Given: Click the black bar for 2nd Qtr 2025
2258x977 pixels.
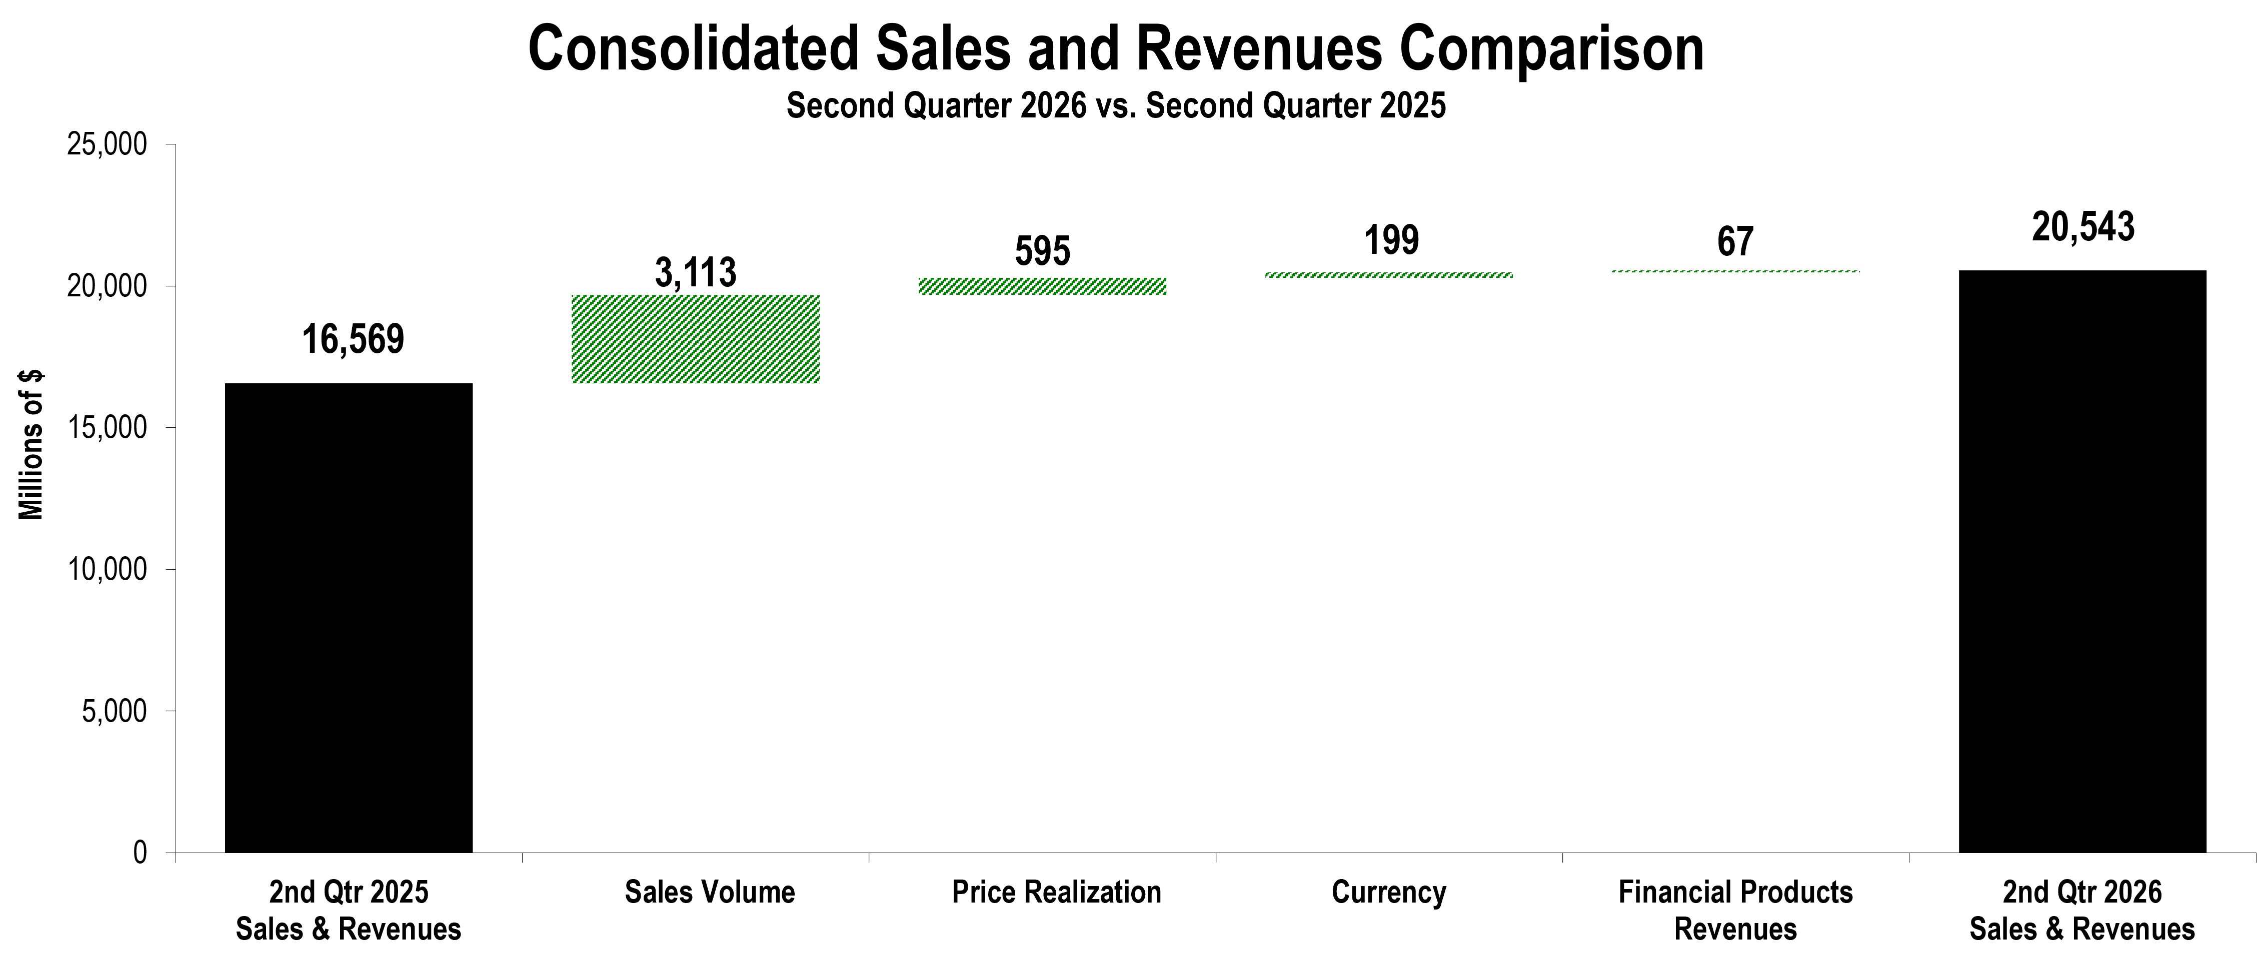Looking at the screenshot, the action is point(349,618).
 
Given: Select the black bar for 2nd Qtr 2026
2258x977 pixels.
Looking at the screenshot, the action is point(2082,562).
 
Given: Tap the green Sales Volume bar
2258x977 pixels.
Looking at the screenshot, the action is point(696,339).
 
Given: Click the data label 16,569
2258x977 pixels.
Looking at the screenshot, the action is point(353,339).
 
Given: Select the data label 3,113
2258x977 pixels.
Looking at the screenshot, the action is point(696,272).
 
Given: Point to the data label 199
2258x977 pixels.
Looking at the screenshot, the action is point(1391,240).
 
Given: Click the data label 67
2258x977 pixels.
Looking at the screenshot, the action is point(1735,242).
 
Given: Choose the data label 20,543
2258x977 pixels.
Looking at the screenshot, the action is point(2083,227).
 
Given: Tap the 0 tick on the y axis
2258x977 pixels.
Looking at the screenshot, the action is point(140,853).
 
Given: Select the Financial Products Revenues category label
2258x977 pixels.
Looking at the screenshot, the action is point(1735,911).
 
